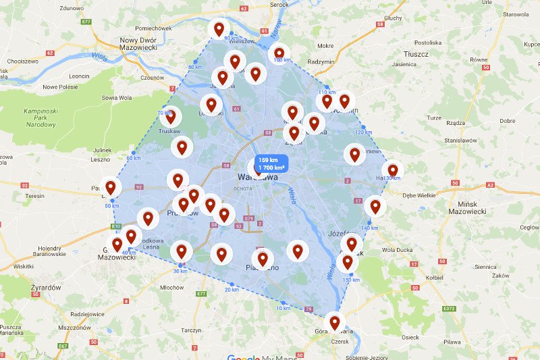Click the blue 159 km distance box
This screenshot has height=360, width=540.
(x=270, y=163)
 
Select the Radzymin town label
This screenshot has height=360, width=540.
(x=321, y=62)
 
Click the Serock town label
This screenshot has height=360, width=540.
(x=279, y=5)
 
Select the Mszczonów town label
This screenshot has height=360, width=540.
(x=74, y=327)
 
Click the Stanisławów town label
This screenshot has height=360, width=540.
(x=462, y=140)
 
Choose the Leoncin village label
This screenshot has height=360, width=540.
(x=80, y=76)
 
